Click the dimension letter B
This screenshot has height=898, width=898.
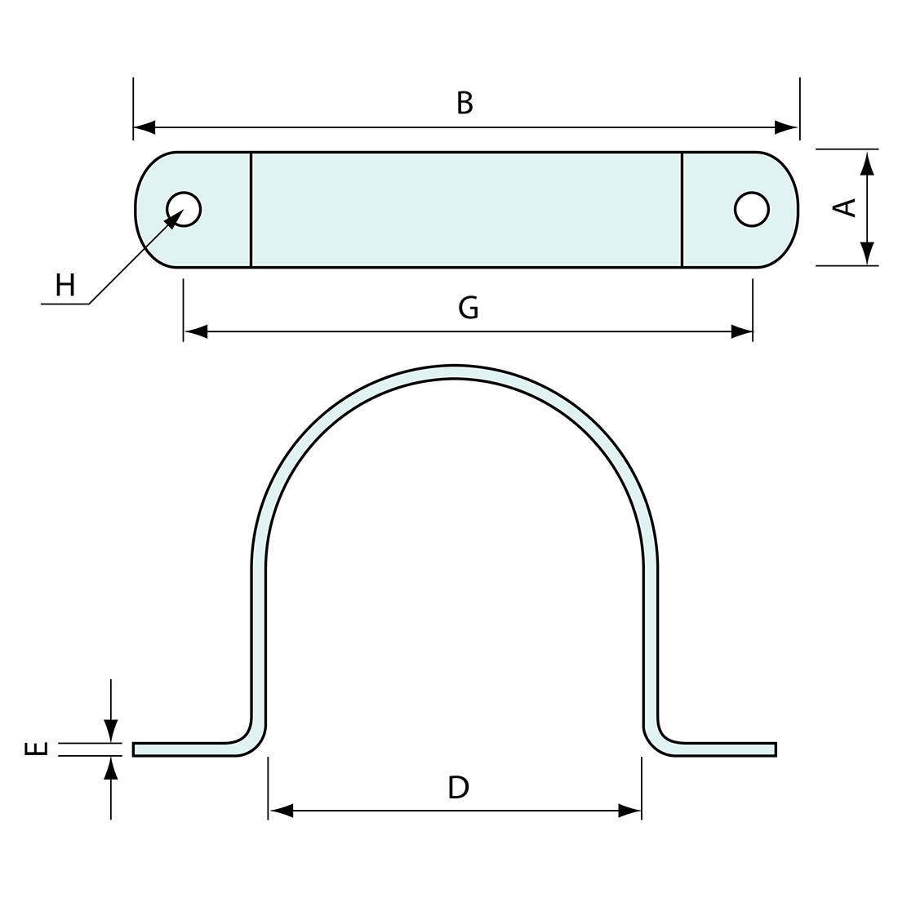(465, 103)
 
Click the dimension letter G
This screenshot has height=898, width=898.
(469, 308)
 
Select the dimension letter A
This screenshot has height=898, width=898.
(845, 207)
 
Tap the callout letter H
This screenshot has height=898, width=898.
(65, 285)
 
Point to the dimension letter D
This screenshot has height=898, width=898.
(459, 787)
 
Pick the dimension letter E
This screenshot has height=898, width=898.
(37, 749)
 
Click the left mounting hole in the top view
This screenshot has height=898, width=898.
(184, 209)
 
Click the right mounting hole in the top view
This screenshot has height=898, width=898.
(751, 209)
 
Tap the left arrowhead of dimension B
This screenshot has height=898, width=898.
(145, 127)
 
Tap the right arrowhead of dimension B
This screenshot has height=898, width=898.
(786, 127)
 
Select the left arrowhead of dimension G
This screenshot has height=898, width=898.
(196, 331)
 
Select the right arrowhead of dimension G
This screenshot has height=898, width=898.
(741, 331)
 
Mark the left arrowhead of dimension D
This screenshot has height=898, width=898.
(281, 811)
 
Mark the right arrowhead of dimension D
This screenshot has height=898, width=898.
(629, 811)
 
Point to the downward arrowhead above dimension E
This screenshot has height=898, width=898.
(111, 731)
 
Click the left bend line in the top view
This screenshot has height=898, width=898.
(251, 209)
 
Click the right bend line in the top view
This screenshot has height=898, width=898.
(682, 209)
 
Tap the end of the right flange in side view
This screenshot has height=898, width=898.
(774, 749)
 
